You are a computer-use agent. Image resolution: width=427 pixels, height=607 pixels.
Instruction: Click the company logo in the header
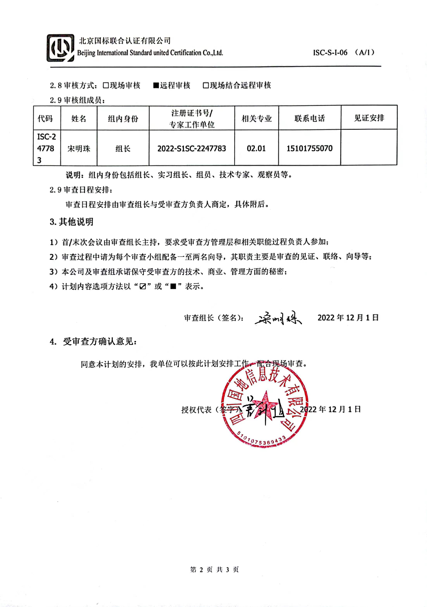(60, 48)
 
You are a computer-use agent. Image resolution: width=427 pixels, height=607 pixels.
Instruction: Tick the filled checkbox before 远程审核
(156, 85)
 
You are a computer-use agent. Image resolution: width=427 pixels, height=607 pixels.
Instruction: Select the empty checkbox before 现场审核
(106, 85)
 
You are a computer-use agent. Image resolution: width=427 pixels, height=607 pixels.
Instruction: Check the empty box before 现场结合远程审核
(206, 85)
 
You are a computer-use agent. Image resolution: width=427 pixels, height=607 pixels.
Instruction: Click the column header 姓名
(79, 119)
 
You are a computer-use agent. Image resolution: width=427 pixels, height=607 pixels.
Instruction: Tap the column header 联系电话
(309, 118)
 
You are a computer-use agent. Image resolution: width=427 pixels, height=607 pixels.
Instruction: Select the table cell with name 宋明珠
(79, 149)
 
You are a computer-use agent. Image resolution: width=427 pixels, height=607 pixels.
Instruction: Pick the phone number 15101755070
(309, 148)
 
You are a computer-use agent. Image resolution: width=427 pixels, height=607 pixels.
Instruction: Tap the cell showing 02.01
(256, 148)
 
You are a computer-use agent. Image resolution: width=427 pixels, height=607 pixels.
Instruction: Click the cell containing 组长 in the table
(123, 149)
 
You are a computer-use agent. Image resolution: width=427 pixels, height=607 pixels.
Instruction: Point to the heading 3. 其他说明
(71, 222)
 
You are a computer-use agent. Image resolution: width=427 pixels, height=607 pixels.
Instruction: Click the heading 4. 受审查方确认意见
(93, 342)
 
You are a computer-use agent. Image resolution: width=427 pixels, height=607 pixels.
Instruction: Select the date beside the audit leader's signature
(348, 317)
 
